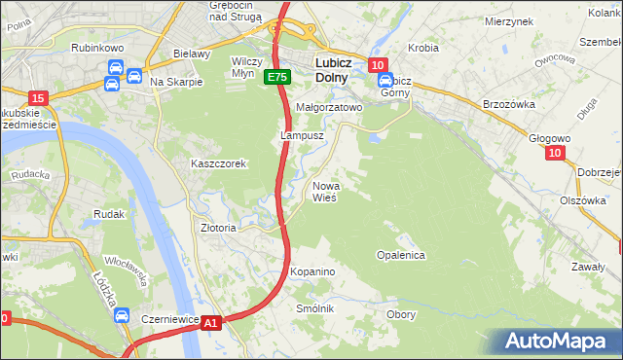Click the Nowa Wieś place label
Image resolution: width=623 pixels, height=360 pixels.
click(324, 191)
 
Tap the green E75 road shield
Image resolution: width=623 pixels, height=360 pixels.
click(276, 77)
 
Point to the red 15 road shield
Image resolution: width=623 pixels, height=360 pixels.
click(38, 97)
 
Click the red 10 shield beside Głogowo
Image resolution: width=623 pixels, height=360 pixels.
click(554, 153)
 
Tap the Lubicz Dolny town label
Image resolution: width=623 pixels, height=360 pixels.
click(339, 70)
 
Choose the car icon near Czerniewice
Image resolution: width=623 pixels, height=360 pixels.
click(122, 316)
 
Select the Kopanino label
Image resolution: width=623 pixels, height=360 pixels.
click(312, 270)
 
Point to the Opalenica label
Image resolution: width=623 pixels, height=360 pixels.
click(401, 254)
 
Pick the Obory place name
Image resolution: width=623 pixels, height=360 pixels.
click(401, 314)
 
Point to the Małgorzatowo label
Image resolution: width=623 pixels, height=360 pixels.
click(328, 108)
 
